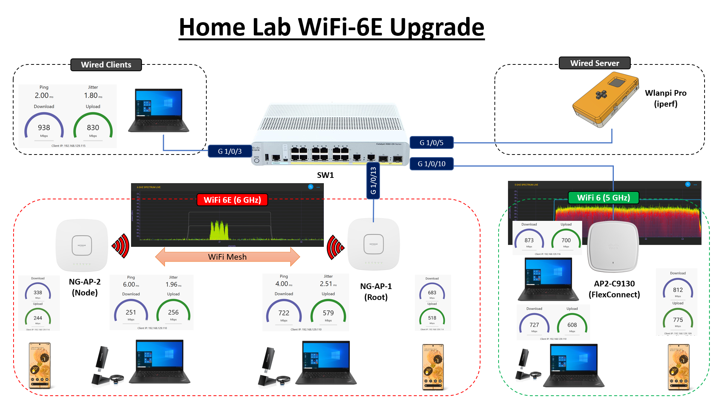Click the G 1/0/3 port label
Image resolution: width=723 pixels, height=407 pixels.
[x=230, y=151]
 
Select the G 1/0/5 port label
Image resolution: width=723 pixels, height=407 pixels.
[x=432, y=143]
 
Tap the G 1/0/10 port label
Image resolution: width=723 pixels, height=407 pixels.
[x=432, y=164]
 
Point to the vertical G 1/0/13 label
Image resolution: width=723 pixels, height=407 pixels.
[x=373, y=181]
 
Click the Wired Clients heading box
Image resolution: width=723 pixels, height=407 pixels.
[x=106, y=65]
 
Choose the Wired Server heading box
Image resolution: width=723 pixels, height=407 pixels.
[x=595, y=63]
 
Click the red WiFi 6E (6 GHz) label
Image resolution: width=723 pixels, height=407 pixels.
[x=232, y=200]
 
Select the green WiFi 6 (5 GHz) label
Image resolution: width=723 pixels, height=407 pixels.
[x=603, y=198]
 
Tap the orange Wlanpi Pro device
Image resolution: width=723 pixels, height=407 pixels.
[x=605, y=100]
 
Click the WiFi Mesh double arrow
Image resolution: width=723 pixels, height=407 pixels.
[x=227, y=257]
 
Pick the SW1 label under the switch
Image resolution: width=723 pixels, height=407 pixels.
[x=325, y=175]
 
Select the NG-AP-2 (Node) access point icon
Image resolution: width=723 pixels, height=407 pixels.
[x=82, y=245]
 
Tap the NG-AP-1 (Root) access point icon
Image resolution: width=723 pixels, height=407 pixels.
[x=374, y=244]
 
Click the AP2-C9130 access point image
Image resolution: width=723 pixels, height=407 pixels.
[x=613, y=247]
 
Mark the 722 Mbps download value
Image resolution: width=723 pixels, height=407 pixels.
[x=284, y=313]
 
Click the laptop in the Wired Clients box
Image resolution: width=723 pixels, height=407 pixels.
[x=159, y=110]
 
